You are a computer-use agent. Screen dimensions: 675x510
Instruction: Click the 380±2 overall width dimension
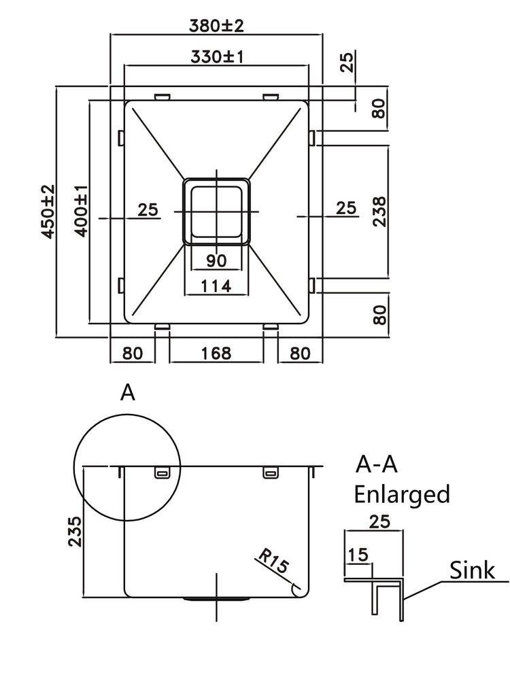coord(216,26)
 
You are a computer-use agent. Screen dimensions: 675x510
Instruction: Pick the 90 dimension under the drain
coord(216,260)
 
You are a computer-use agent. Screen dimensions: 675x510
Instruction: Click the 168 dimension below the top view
coord(216,353)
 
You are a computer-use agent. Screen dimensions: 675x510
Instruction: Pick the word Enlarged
coord(402,494)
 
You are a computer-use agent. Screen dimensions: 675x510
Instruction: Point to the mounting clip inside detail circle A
coord(163,472)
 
